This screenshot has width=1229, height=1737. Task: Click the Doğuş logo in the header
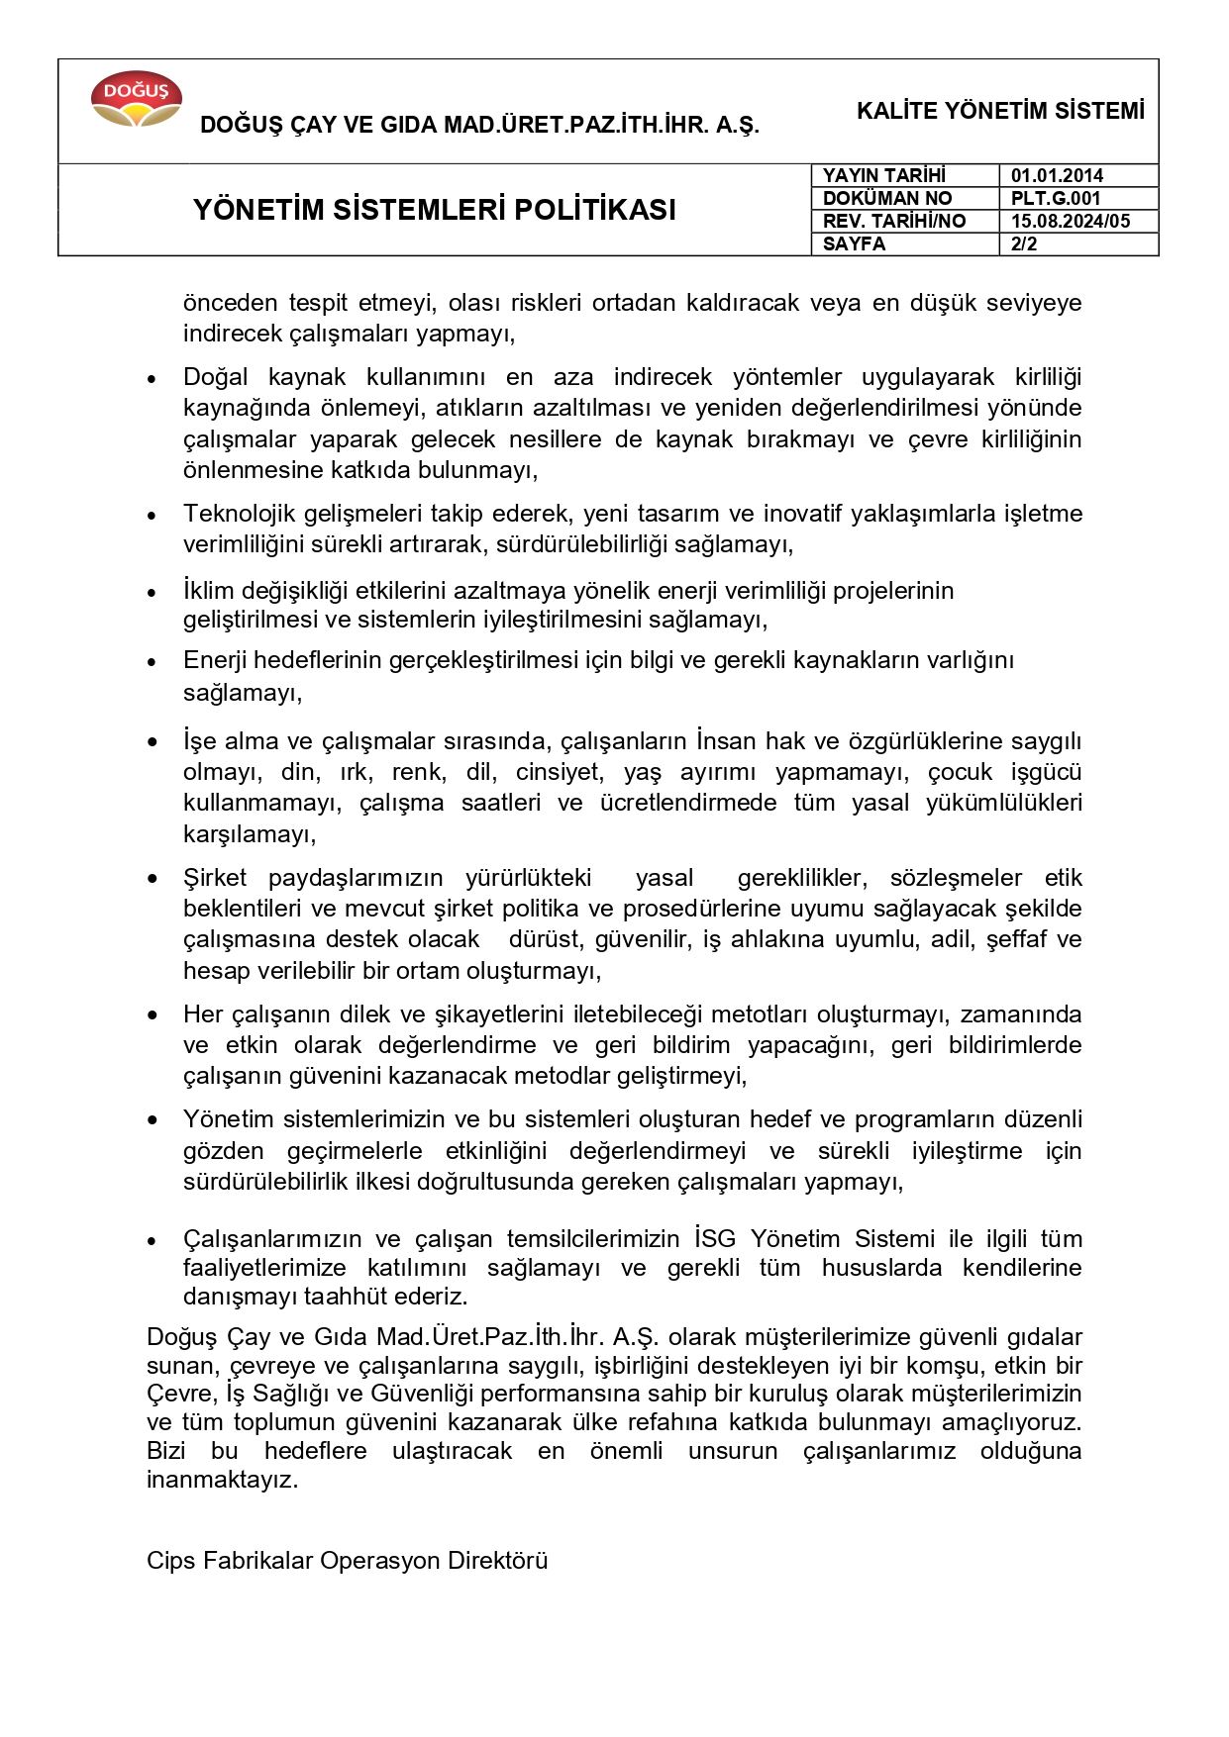[x=136, y=100]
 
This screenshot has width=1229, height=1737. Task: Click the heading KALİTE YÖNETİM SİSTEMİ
[x=999, y=111]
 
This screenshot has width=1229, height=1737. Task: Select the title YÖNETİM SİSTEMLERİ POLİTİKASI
[x=434, y=210]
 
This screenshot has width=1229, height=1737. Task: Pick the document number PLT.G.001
[x=1055, y=198]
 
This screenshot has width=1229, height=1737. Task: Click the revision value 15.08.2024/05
[x=1070, y=221]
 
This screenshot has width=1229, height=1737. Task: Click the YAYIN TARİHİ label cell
[x=883, y=175]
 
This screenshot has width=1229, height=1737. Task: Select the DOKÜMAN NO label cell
[x=886, y=198]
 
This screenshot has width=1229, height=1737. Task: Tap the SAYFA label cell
[x=854, y=243]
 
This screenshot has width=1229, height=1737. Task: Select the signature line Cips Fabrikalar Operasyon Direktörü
[x=347, y=1561]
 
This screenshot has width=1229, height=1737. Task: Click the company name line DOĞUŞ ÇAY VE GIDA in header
[x=479, y=125]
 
